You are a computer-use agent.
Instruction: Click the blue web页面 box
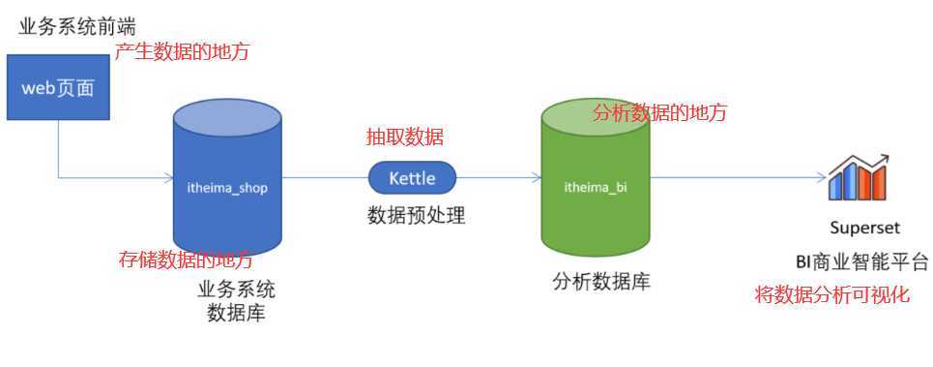(x=58, y=87)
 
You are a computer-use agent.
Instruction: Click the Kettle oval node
(x=412, y=177)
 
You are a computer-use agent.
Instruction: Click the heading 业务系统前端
(x=77, y=27)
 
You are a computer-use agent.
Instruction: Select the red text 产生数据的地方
(x=182, y=52)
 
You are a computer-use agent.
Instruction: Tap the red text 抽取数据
(x=404, y=138)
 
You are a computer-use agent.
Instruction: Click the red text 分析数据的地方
(x=660, y=112)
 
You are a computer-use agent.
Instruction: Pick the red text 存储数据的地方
(x=186, y=260)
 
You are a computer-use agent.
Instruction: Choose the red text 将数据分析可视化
(x=832, y=295)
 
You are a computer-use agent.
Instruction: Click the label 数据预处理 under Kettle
(x=416, y=216)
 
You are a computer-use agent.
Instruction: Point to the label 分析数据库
(x=601, y=282)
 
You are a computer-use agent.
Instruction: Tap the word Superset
(x=865, y=228)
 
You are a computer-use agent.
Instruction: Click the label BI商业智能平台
(x=862, y=261)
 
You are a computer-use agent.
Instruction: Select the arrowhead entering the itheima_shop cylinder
(x=168, y=177)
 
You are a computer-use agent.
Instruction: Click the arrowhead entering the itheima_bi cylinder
(x=537, y=177)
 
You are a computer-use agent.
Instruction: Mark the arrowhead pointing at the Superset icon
(x=823, y=177)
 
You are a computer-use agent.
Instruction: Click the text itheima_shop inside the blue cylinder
(x=226, y=188)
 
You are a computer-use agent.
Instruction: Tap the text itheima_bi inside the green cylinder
(x=596, y=188)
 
